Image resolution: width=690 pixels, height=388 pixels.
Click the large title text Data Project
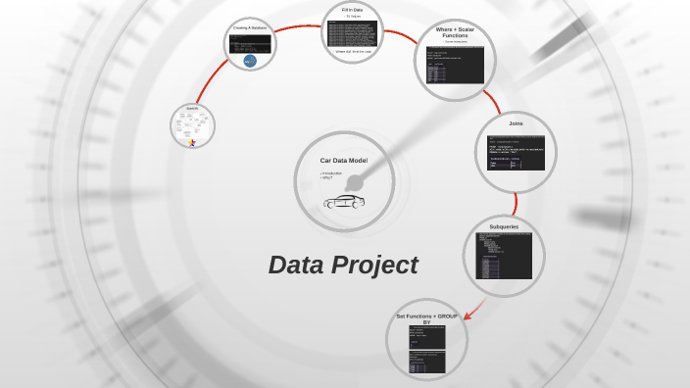[x=343, y=266]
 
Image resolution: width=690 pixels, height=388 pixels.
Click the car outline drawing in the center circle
[x=343, y=201]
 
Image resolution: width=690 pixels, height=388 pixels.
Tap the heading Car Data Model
[x=343, y=160]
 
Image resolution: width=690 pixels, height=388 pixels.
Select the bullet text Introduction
[x=332, y=172]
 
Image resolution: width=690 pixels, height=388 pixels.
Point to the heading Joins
[x=516, y=123]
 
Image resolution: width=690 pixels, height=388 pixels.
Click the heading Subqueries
[x=504, y=226]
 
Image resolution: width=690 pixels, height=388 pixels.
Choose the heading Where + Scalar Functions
[x=454, y=32]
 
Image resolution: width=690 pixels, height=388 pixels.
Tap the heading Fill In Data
[x=353, y=10]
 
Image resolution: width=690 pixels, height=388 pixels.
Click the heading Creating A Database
[x=250, y=27]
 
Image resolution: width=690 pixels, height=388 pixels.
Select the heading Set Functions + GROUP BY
[x=426, y=318]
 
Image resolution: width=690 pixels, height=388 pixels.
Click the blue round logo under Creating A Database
[x=250, y=61]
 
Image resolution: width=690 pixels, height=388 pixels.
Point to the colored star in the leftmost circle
[x=192, y=143]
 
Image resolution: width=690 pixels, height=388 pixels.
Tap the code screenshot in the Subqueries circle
[x=504, y=256]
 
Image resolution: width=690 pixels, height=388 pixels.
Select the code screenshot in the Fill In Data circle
[x=352, y=32]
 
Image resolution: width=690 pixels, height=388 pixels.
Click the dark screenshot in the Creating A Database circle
[x=249, y=44]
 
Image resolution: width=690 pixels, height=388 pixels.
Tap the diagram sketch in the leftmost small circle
[x=192, y=122]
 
